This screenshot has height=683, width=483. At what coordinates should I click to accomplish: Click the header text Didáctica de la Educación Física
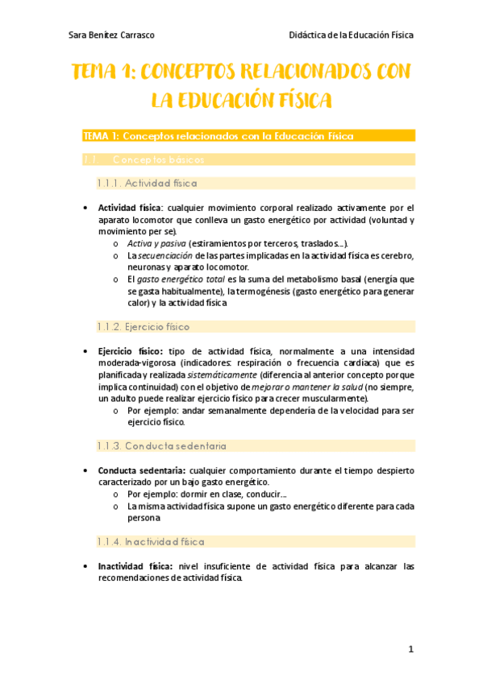351,35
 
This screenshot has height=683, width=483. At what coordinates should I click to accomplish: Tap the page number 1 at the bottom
410,649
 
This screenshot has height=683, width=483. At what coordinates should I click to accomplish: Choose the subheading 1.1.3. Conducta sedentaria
161,445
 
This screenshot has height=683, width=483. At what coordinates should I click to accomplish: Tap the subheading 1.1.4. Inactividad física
151,542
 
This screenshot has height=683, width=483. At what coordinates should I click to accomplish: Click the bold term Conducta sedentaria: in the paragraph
140,470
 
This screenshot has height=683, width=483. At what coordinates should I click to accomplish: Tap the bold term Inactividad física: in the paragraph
135,566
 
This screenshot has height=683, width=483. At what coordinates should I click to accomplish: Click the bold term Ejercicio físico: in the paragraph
130,351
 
